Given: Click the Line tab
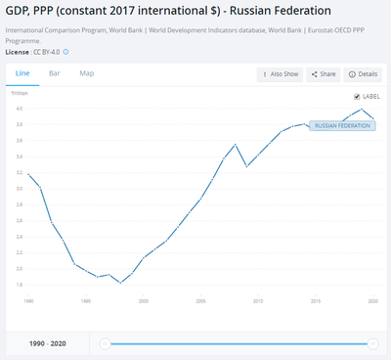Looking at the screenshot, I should pos(23,73).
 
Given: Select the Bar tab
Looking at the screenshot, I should pos(55,73).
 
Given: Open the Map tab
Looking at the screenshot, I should pos(86,73).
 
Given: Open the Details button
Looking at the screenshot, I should pos(364,74).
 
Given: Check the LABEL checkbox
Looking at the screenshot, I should pos(357,97).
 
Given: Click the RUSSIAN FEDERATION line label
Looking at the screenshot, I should pos(340,126).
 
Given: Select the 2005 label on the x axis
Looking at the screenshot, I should pos(200,302).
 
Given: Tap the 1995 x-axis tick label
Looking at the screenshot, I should pos(86,302).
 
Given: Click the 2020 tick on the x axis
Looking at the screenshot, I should pos(372,302).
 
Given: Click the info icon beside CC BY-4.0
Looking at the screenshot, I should pos(65,51).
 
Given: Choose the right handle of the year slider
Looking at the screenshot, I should pos(372,343).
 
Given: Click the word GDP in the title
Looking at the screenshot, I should pos(19,14).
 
